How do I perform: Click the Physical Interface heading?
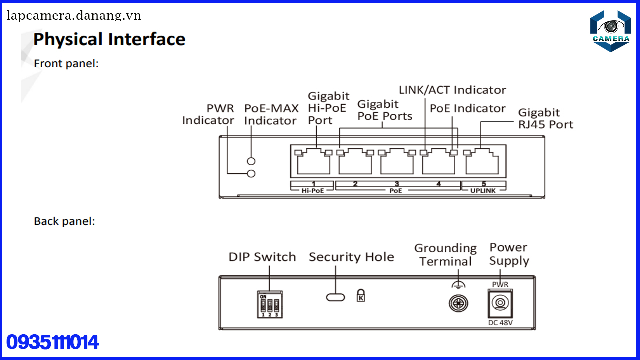tap(109, 39)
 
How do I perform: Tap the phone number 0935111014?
tap(52, 342)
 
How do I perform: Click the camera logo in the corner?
tap(610, 31)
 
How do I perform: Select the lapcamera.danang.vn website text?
tap(74, 16)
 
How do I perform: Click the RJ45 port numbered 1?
tap(313, 161)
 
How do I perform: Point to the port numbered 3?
tap(396, 161)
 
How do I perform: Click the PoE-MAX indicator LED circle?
tap(252, 161)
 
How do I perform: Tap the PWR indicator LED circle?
tap(252, 173)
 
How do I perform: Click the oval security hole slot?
tap(335, 297)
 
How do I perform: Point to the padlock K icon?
tap(361, 295)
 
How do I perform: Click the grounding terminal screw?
tap(458, 303)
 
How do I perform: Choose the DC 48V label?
tap(500, 323)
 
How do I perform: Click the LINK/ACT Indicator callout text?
tap(452, 90)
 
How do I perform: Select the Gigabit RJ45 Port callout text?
tap(545, 119)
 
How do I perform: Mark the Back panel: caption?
tap(64, 221)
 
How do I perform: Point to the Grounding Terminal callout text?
tap(445, 255)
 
